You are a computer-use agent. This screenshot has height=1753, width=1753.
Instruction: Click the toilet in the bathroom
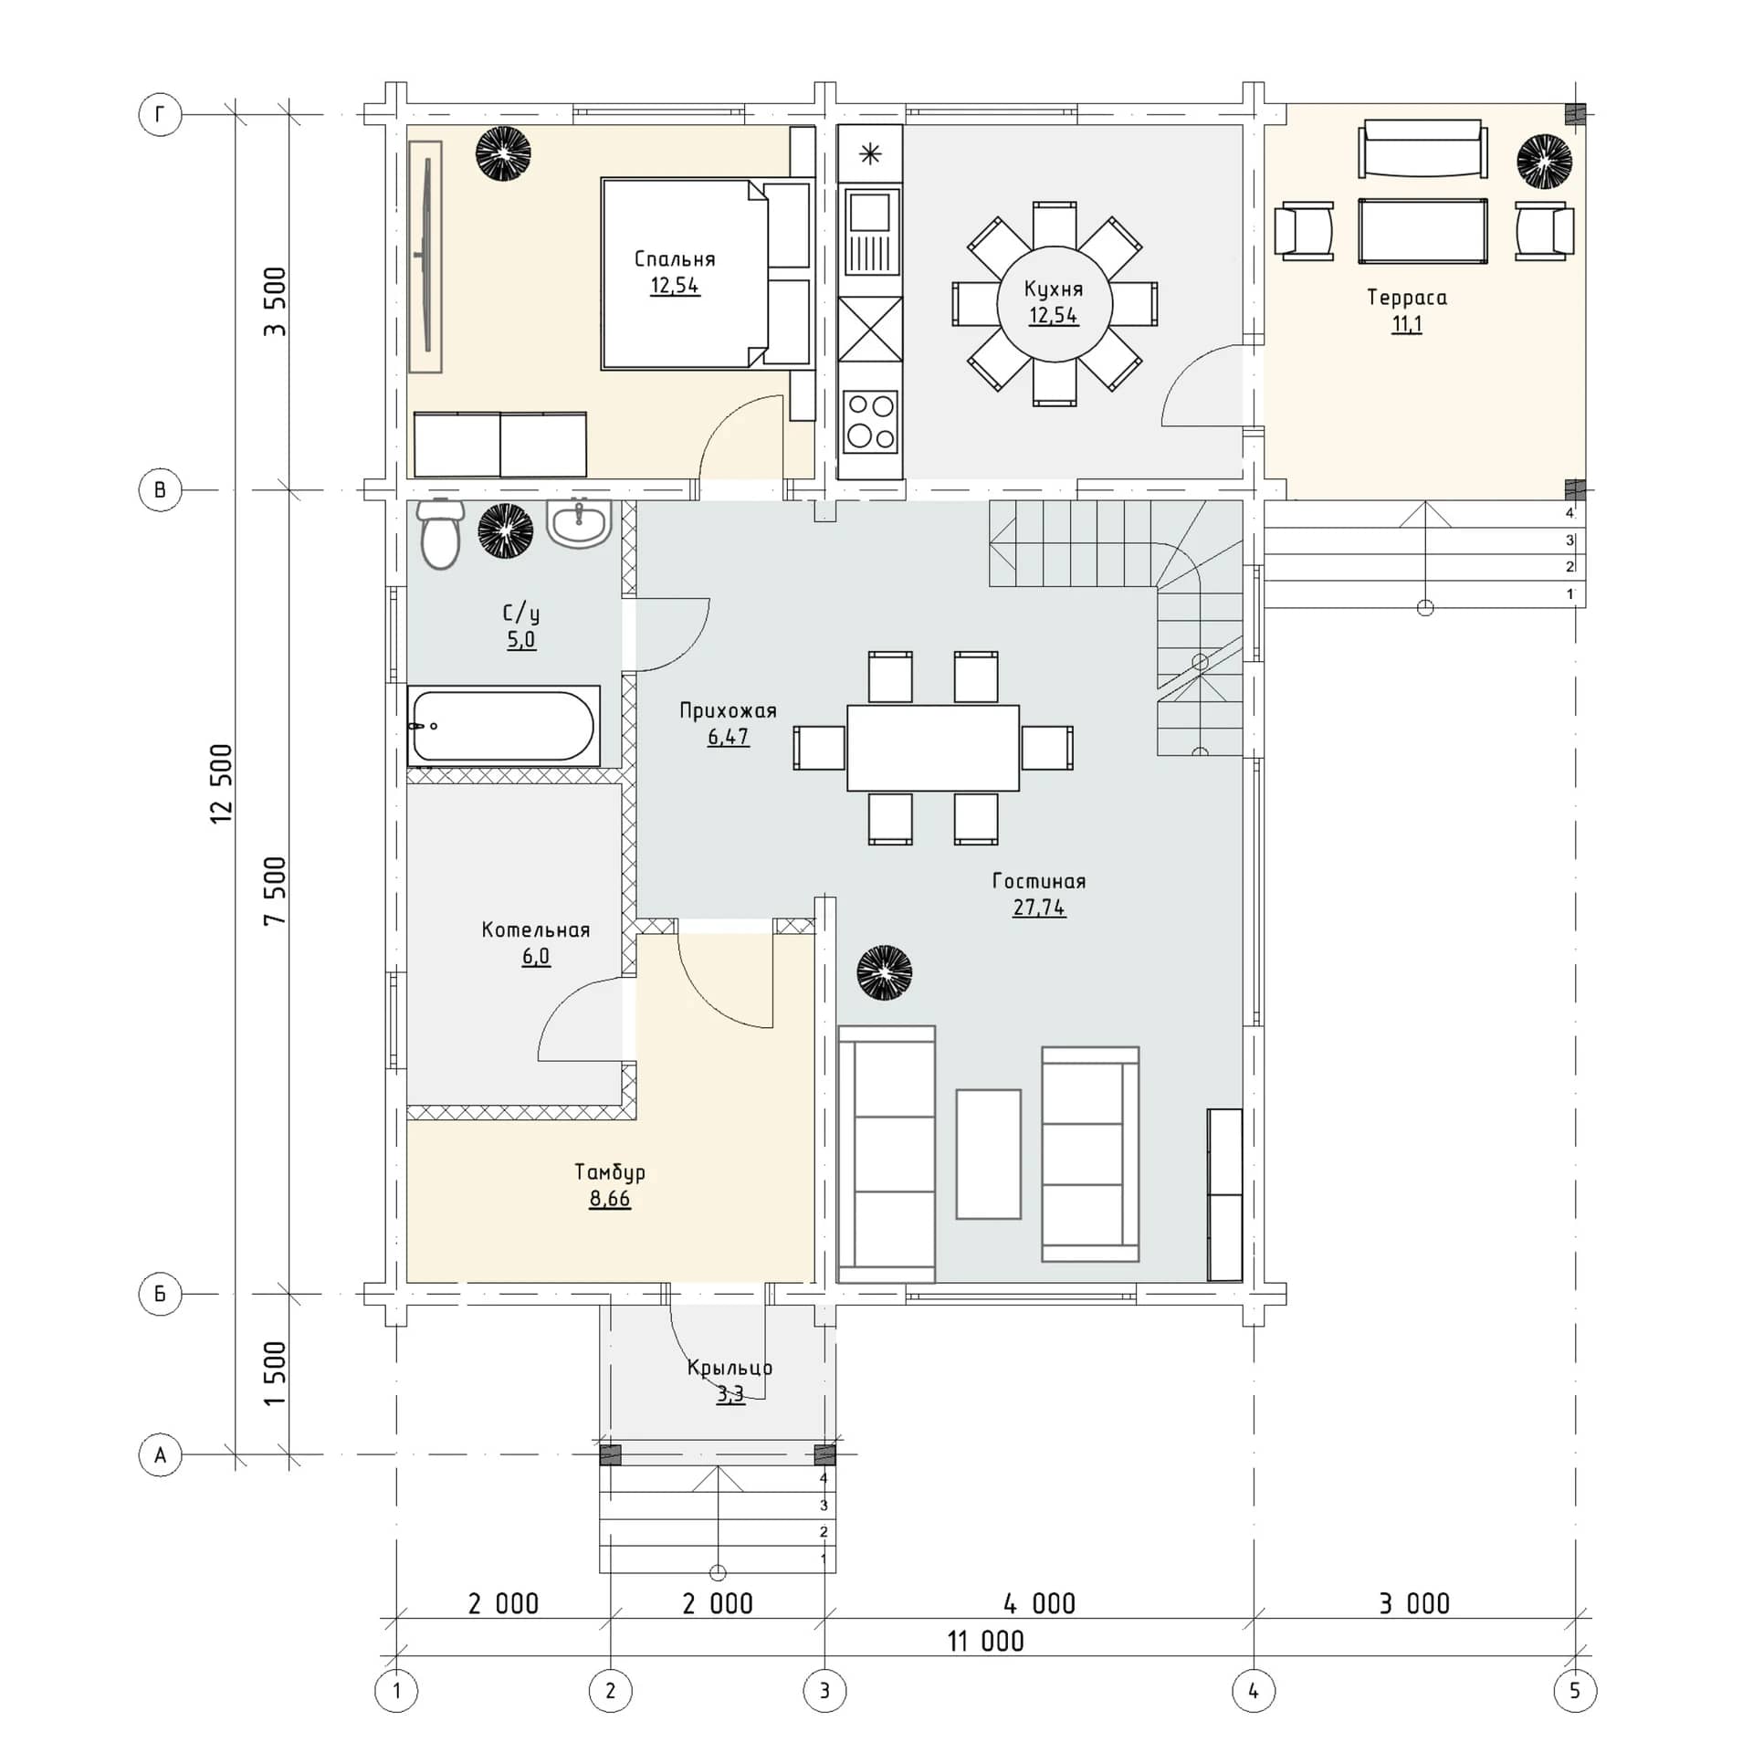click(x=440, y=533)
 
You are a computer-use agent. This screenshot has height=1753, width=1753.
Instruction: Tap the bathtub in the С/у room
click(x=503, y=726)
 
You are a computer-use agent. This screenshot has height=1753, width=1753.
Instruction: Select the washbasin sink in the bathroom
click(x=579, y=523)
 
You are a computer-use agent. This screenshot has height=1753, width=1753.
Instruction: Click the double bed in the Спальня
click(x=707, y=274)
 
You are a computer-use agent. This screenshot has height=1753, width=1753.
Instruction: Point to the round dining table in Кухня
click(x=1055, y=304)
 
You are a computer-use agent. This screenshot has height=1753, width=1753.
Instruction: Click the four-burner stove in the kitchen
click(x=870, y=420)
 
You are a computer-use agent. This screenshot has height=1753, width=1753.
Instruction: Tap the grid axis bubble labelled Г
click(x=161, y=115)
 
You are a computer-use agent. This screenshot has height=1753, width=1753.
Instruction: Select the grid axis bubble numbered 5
click(x=1575, y=1692)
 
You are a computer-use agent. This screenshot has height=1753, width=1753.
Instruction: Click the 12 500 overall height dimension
click(x=222, y=784)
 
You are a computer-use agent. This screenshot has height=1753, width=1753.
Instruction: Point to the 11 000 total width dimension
click(x=986, y=1642)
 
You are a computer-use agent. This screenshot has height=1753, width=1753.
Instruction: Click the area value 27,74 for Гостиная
click(x=1039, y=908)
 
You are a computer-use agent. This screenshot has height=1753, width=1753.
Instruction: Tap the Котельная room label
click(x=536, y=930)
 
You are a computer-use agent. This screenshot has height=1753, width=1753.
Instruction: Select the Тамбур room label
click(x=610, y=1172)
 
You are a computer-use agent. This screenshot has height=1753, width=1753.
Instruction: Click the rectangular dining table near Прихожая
click(x=933, y=748)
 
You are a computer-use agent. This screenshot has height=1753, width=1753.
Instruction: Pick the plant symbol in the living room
click(x=884, y=972)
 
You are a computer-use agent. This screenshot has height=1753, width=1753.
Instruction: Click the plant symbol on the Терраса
click(x=1545, y=162)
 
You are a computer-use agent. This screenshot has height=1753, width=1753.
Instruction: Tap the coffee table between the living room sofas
click(x=989, y=1154)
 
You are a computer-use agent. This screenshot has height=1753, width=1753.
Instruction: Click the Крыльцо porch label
click(x=730, y=1368)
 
